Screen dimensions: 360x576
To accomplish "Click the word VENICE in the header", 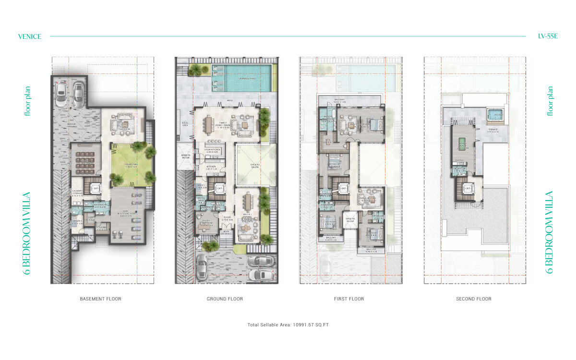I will (x=30, y=36).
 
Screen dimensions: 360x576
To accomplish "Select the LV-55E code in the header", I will (x=548, y=36).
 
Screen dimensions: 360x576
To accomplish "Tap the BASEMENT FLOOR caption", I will (x=100, y=299).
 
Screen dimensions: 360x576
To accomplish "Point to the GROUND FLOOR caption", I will (x=225, y=299).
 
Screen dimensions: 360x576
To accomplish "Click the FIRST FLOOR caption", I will (x=349, y=299).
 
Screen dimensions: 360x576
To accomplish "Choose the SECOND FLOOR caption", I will (x=473, y=299).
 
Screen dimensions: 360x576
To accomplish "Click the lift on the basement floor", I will (x=96, y=189).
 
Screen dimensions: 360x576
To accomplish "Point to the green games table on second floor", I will (x=463, y=144).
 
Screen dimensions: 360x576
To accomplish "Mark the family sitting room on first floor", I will (x=370, y=199).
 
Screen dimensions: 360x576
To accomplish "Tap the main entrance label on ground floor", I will (x=226, y=233).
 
